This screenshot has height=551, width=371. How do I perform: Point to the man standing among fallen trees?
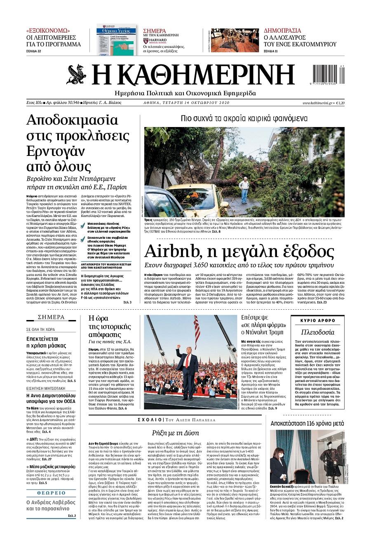click(245, 189)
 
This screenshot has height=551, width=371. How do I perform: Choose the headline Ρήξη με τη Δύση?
click(175, 433)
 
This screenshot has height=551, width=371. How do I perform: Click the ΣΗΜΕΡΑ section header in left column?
click(51, 317)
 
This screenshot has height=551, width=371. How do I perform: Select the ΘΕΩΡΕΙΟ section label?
click(51, 493)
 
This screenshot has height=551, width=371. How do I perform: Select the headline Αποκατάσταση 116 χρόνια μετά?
click(307, 424)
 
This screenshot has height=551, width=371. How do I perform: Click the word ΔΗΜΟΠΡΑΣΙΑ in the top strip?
click(282, 31)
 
